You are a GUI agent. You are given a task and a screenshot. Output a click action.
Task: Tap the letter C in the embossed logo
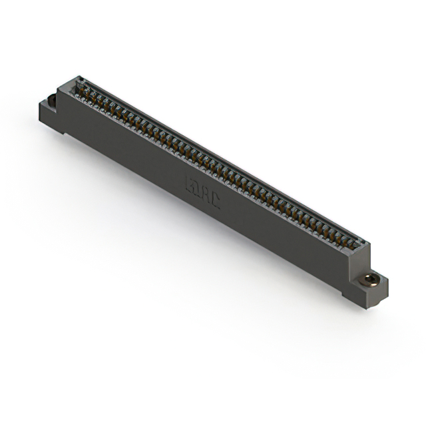(214, 199)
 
